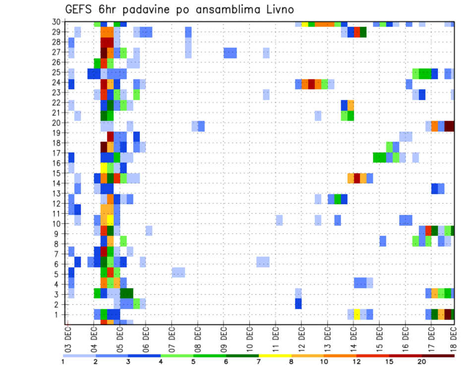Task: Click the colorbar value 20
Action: (x=421, y=362)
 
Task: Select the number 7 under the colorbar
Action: (x=259, y=362)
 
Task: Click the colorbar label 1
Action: (x=63, y=362)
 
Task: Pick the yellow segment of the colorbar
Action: (x=275, y=356)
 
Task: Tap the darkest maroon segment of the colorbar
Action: (x=438, y=356)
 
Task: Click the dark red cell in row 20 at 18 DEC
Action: (x=449, y=126)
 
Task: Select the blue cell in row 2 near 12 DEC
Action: (x=298, y=304)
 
